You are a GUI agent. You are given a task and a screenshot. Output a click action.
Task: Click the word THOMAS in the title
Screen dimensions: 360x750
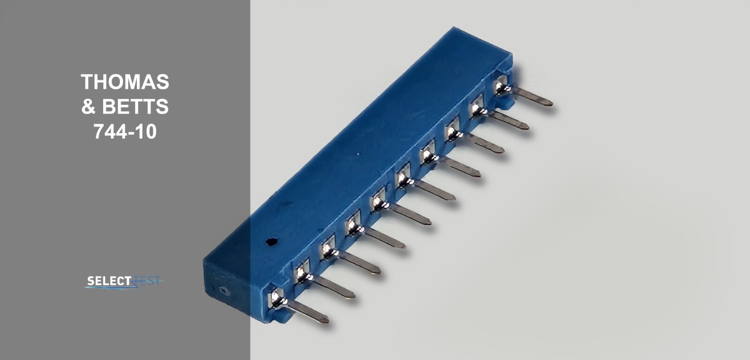click(125, 82)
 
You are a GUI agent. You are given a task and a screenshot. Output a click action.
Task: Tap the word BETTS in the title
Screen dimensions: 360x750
click(135, 107)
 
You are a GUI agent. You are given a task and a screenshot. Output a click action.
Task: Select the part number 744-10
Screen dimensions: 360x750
click(125, 132)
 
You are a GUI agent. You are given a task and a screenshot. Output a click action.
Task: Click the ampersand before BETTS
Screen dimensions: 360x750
click(88, 107)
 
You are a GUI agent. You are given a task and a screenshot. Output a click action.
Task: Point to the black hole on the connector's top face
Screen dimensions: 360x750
click(271, 242)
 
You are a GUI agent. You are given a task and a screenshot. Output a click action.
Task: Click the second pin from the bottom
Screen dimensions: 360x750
click(335, 288)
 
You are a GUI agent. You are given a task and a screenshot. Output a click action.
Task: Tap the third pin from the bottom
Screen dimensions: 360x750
click(361, 264)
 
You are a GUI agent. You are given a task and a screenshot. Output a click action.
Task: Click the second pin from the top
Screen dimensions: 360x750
click(510, 120)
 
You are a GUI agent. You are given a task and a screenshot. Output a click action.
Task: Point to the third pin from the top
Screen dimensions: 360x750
click(487, 144)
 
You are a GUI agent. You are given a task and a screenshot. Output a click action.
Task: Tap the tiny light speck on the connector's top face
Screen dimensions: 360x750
click(359, 153)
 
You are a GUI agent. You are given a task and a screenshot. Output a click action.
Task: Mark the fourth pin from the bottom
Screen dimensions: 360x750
click(386, 239)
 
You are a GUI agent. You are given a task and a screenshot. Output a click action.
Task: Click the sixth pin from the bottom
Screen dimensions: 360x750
click(436, 191)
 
